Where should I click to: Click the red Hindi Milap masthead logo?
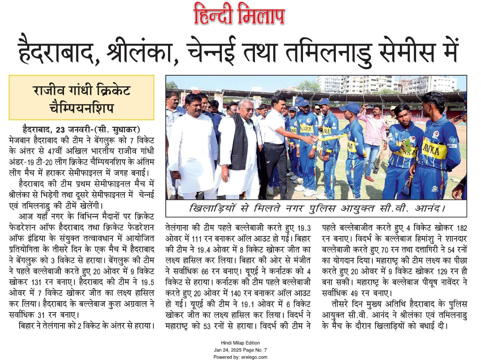[x=239, y=14]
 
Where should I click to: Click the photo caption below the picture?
[x=316, y=208]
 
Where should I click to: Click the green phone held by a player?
[x=406, y=145]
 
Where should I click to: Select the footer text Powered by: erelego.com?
[x=240, y=357]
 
